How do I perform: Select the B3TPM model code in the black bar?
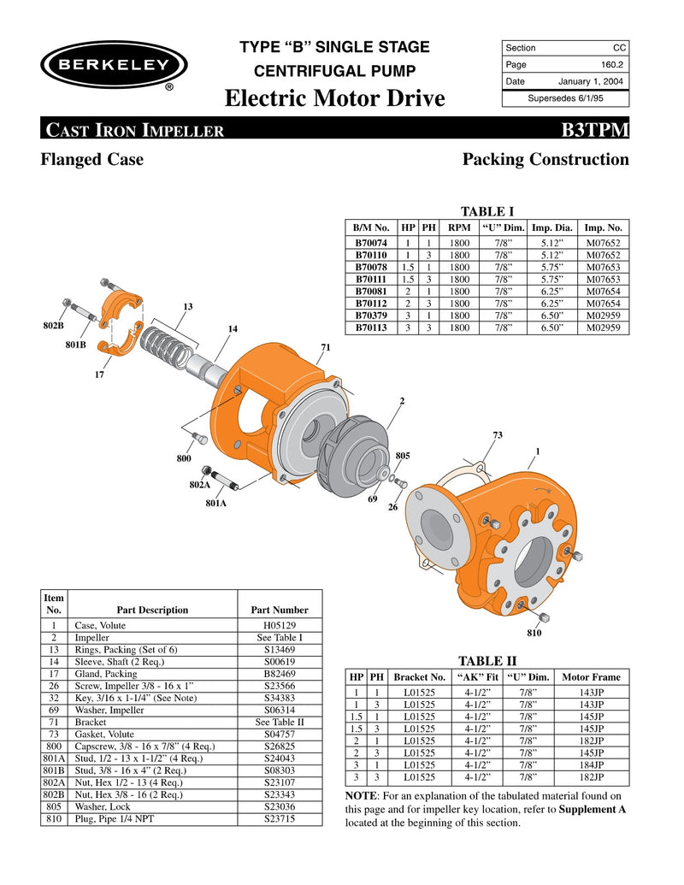tap(595, 130)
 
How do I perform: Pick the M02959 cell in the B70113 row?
tap(603, 327)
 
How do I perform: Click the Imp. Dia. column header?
tap(552, 227)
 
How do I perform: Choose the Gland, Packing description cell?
tap(113, 674)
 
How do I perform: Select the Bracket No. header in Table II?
tap(420, 677)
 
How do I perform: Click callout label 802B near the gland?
tap(53, 327)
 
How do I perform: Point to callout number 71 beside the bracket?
tap(326, 346)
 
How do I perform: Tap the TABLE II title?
tap(487, 660)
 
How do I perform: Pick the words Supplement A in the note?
tap(592, 809)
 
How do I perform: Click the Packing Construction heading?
tap(545, 160)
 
